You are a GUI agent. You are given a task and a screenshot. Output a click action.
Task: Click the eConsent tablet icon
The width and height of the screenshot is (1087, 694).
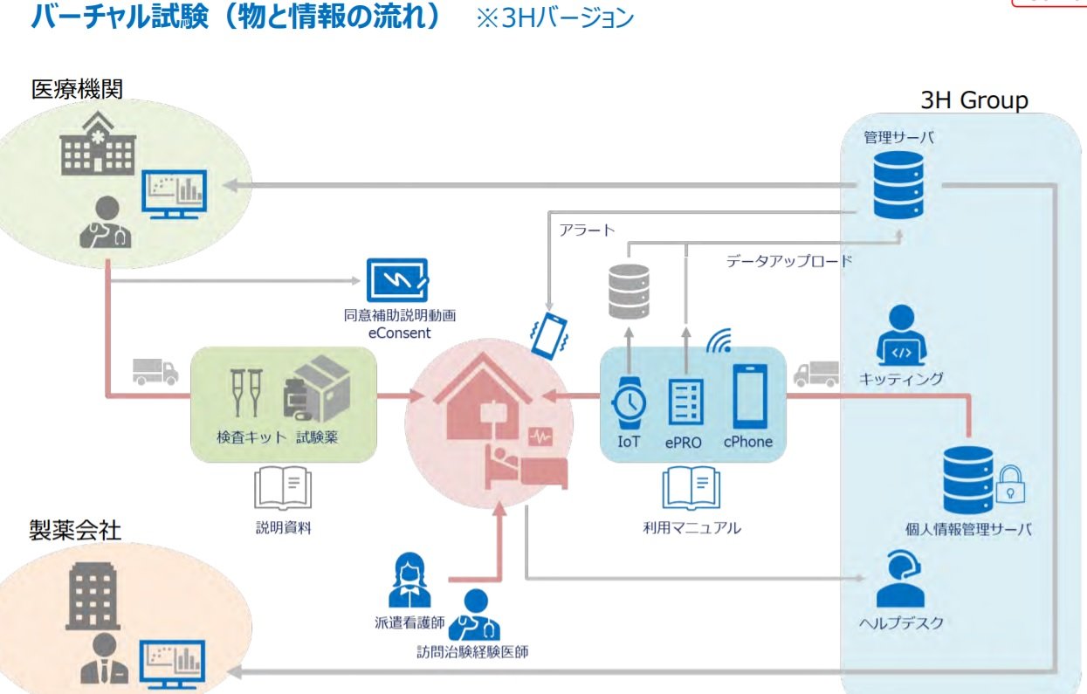pyautogui.click(x=397, y=280)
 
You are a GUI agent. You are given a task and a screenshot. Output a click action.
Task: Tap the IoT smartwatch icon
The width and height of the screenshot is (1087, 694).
pyautogui.click(x=629, y=401)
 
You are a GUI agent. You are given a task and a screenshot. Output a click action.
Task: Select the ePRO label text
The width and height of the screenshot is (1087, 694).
pyautogui.click(x=683, y=443)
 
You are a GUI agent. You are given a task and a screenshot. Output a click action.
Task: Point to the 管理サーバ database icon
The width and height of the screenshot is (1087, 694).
pyautogui.click(x=898, y=184)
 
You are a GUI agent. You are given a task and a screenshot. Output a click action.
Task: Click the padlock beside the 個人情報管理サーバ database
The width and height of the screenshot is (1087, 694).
pyautogui.click(x=1011, y=484)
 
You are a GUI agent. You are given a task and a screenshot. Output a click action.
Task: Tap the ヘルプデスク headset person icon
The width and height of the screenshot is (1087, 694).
pyautogui.click(x=899, y=579)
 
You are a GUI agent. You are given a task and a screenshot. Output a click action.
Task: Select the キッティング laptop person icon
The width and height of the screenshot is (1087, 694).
pyautogui.click(x=899, y=336)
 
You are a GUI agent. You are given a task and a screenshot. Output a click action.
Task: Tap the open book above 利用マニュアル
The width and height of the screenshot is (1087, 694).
pyautogui.click(x=691, y=487)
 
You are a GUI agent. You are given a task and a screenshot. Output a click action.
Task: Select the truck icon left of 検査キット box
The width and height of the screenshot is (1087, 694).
pyautogui.click(x=155, y=371)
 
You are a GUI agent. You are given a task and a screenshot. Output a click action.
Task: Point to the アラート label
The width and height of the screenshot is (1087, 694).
pyautogui.click(x=587, y=230)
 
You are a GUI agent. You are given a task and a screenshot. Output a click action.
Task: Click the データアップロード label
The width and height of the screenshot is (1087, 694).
pyautogui.click(x=788, y=260)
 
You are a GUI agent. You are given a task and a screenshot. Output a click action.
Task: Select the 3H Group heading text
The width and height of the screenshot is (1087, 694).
pyautogui.click(x=974, y=100)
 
